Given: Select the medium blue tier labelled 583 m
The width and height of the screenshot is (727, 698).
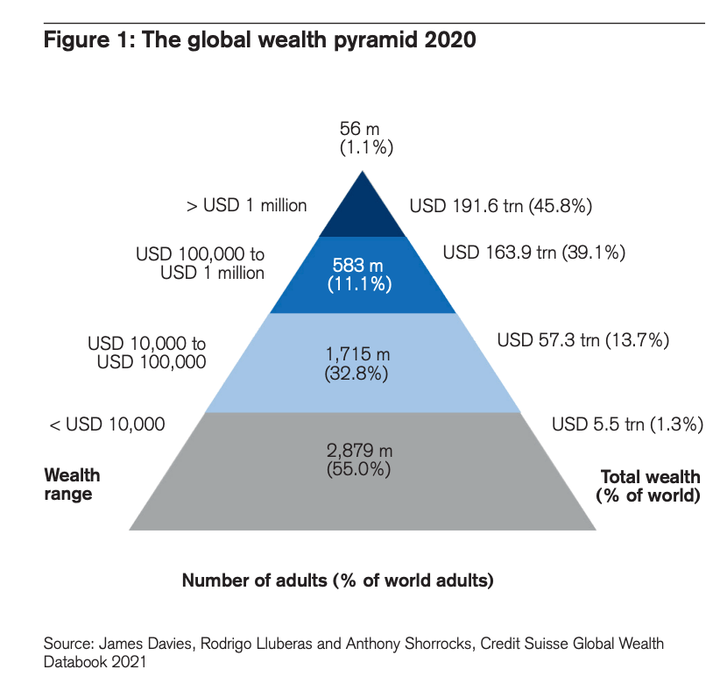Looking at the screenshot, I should (363, 274).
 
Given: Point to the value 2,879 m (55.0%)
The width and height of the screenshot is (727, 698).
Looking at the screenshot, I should (359, 460).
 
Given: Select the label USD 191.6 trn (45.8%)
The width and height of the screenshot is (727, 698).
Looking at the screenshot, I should (502, 207).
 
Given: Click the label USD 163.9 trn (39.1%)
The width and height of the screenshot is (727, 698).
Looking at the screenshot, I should (533, 253).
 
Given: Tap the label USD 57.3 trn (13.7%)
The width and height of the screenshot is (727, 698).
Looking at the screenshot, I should (583, 339).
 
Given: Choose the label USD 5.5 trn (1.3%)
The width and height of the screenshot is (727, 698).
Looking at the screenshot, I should (628, 425).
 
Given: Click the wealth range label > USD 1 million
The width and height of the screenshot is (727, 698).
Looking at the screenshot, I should (246, 206).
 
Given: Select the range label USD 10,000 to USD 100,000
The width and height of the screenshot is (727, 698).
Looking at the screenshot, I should (147, 352).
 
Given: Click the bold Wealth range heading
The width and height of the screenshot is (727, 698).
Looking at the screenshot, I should (72, 484).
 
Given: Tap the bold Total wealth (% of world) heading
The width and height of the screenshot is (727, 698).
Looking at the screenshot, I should (649, 486).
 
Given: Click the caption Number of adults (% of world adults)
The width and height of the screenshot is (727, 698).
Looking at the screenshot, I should (338, 580).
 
